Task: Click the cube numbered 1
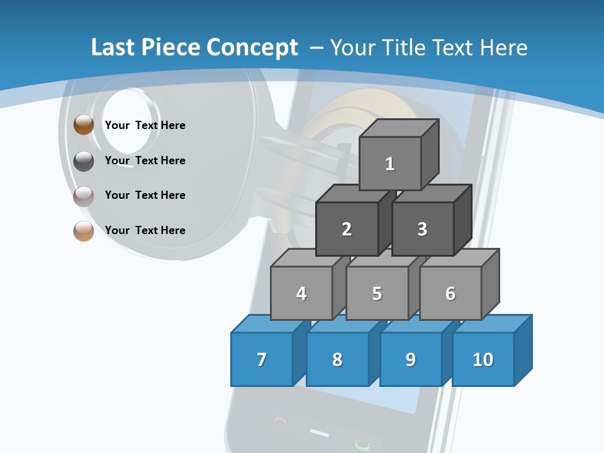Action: click(390, 164)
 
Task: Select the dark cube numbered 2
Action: click(347, 229)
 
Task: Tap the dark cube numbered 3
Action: click(422, 229)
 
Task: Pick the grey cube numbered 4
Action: click(301, 293)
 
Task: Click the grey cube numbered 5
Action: click(377, 293)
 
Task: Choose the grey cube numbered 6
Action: click(450, 293)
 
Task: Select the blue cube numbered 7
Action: click(262, 359)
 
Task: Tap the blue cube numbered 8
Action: click(337, 359)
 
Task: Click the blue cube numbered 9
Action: click(410, 359)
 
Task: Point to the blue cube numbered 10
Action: click(483, 359)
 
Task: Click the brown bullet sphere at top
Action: click(84, 125)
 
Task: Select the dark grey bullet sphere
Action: click(84, 161)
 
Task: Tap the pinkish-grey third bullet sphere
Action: click(84, 196)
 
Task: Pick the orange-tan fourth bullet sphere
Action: click(84, 232)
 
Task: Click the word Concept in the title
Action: click(252, 48)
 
